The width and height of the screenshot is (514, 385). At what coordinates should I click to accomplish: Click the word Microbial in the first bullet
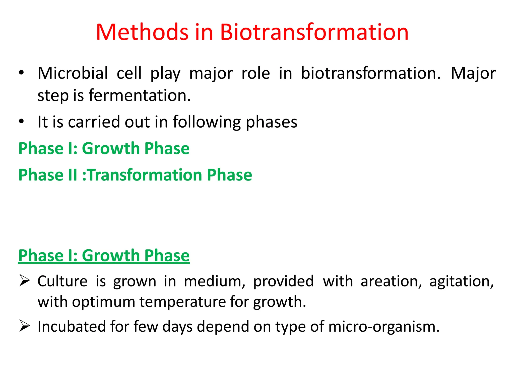point(73,73)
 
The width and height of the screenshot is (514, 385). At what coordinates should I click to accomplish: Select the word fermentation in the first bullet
point(140,95)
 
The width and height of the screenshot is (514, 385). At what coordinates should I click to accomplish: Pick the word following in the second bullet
point(207,122)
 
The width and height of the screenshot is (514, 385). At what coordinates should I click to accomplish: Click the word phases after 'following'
point(271,122)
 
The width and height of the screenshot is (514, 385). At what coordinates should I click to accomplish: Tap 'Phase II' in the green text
point(48,175)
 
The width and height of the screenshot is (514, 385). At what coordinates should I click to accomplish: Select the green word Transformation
point(145,175)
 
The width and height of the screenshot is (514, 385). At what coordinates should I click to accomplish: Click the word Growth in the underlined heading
point(111,256)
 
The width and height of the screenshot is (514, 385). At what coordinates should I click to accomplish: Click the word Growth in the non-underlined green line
point(111,148)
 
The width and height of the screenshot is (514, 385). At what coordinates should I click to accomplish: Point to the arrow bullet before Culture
point(25,281)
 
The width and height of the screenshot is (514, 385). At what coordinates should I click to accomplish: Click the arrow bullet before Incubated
point(25,326)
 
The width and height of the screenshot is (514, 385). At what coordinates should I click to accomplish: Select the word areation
point(391,281)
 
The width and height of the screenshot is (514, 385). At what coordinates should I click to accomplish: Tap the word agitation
point(461,281)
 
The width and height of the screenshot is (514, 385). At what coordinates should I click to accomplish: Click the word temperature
point(183,302)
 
